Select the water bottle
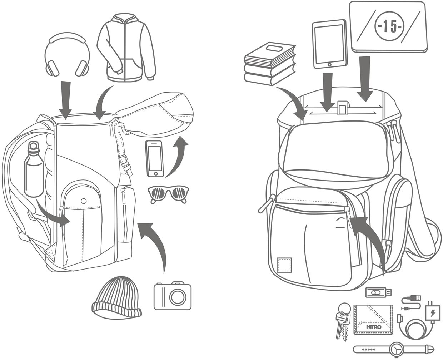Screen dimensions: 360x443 34,169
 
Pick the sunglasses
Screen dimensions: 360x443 168,194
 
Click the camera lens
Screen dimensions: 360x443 178,297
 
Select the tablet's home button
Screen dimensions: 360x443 329,65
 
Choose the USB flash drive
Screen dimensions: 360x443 378,292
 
